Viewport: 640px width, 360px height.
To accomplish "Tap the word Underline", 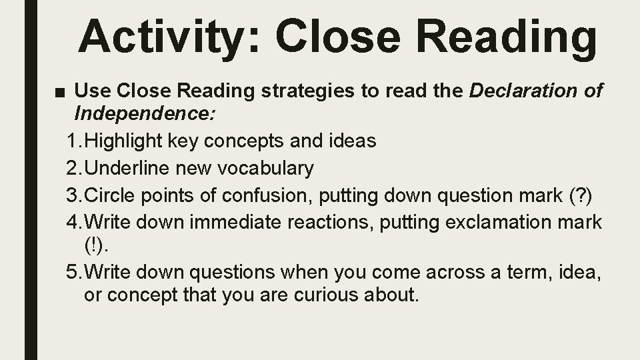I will pyautogui.click(x=127, y=169).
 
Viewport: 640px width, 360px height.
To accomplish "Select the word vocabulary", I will pyautogui.click(x=264, y=169).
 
